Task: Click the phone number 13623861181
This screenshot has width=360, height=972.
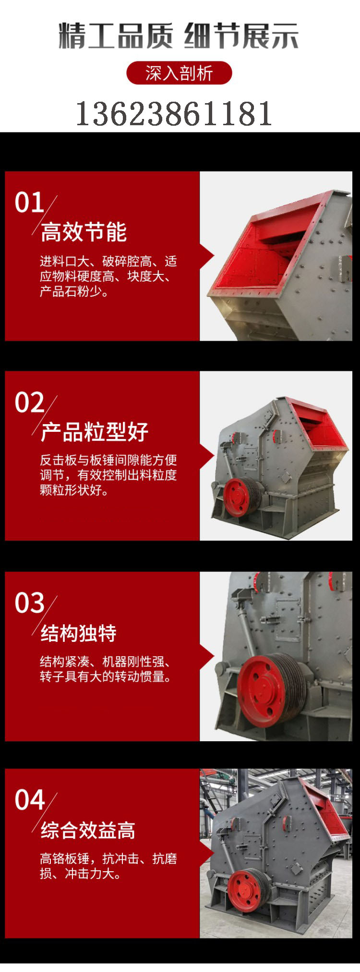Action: click(x=174, y=114)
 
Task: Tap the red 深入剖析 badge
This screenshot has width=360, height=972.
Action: click(x=179, y=73)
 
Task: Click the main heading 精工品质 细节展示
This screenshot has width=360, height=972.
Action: click(x=179, y=36)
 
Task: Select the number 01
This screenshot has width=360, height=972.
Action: click(x=29, y=202)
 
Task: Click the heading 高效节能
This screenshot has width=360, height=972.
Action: click(x=84, y=232)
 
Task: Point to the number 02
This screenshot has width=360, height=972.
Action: click(x=29, y=402)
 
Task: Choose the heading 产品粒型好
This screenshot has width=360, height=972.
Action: click(x=95, y=432)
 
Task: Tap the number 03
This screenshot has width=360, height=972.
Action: click(x=29, y=603)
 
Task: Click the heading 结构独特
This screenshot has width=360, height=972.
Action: click(x=79, y=633)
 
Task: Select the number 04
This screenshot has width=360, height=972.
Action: click(x=29, y=800)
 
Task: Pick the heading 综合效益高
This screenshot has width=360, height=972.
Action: click(x=88, y=830)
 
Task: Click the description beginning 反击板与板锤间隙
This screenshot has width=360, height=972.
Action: click(x=108, y=475)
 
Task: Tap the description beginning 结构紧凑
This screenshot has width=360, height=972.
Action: click(x=106, y=669)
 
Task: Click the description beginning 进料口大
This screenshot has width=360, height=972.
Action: click(x=108, y=276)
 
